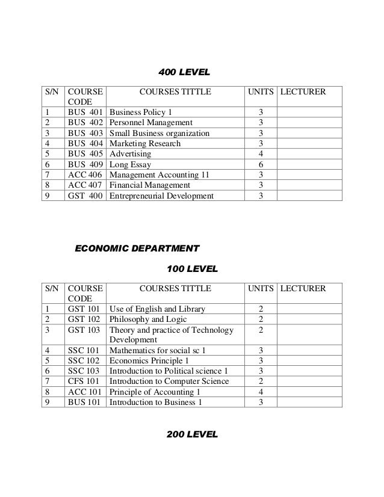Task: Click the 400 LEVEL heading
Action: (x=184, y=73)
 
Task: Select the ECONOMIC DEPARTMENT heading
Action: (x=137, y=247)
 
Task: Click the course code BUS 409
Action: (x=85, y=164)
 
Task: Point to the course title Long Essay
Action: (x=130, y=164)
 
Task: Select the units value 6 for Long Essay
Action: (x=260, y=164)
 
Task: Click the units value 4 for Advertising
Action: (x=260, y=154)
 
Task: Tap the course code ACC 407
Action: (x=85, y=185)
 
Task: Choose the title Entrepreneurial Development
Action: (x=161, y=195)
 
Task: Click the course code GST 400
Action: (x=85, y=195)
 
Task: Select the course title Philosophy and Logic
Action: (x=147, y=319)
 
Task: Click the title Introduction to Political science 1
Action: (x=169, y=371)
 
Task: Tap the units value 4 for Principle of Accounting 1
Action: (x=260, y=391)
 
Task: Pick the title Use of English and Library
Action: (x=157, y=309)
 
